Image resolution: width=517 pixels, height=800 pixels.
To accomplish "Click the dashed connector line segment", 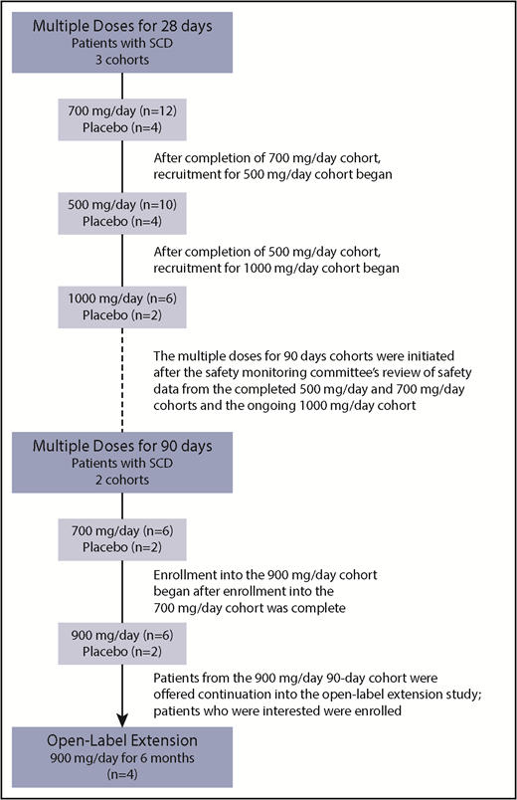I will coord(120,378).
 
